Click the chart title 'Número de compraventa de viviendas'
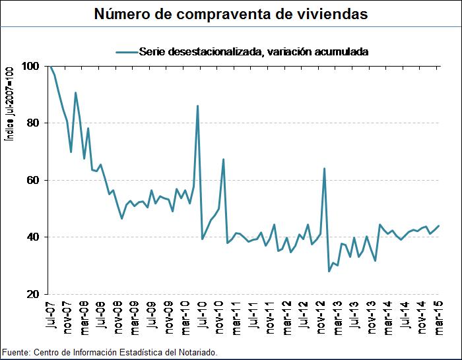click(x=231, y=13)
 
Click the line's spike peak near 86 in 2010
click(x=198, y=105)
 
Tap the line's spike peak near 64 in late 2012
click(x=324, y=168)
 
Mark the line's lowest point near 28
click(x=329, y=271)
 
